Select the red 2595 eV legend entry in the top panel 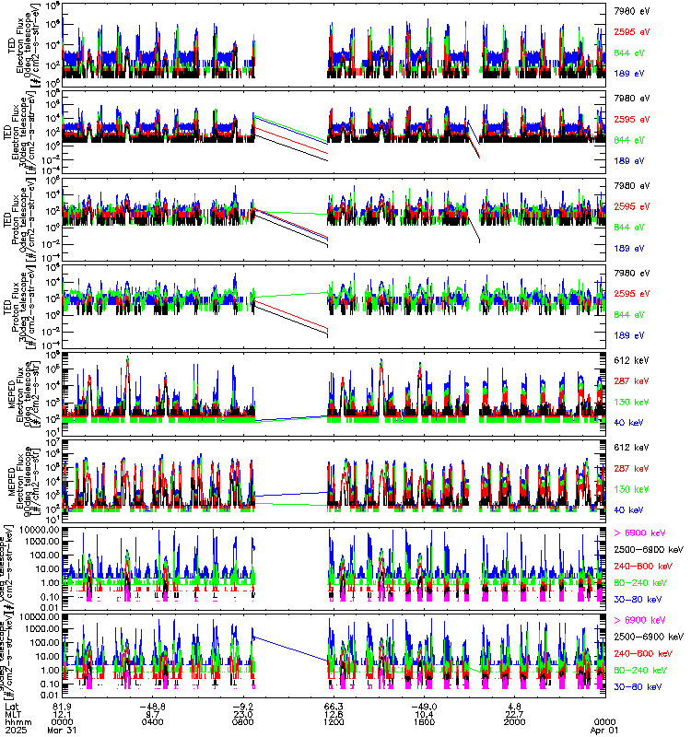(631, 31)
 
